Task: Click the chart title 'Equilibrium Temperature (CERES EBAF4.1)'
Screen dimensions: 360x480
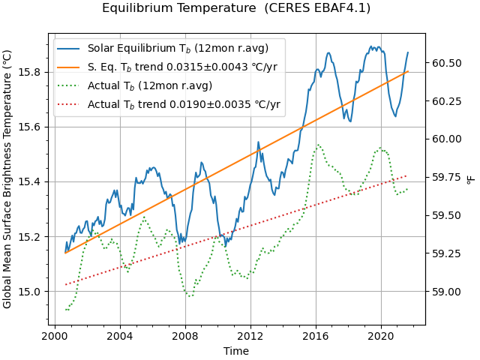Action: pos(236,8)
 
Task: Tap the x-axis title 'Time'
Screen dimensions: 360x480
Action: pos(236,350)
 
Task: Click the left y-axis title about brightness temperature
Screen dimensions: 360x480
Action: pos(7,179)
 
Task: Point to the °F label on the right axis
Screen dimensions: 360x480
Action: pos(471,179)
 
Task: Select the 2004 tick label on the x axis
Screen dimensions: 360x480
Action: pos(120,336)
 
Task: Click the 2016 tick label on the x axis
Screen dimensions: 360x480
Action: pos(315,336)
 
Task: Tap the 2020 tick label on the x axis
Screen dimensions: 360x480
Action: pos(380,336)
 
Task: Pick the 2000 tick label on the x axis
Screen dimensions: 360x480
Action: pos(55,336)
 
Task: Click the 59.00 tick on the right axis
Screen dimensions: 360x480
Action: pos(445,292)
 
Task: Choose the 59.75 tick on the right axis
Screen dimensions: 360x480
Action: pos(445,178)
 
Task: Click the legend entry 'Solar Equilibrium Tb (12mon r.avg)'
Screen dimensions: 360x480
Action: pos(178,49)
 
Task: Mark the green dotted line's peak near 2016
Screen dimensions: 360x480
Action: pos(318,145)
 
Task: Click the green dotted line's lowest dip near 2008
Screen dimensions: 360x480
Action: pos(190,296)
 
